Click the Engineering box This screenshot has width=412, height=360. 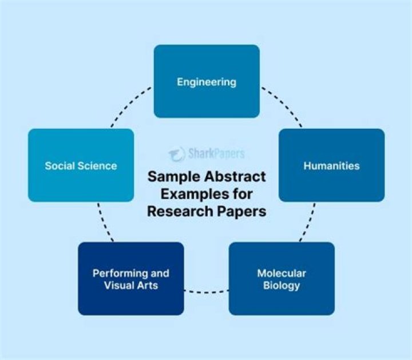pyautogui.click(x=207, y=81)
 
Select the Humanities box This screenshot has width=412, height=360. pyautogui.click(x=331, y=165)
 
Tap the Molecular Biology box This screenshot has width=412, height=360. pyautogui.click(x=281, y=279)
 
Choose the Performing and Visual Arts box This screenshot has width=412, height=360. pyautogui.click(x=130, y=279)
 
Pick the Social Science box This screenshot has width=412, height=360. pyautogui.click(x=81, y=165)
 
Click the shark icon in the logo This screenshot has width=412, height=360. pyautogui.click(x=176, y=153)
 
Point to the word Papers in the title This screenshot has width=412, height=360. pyautogui.click(x=241, y=211)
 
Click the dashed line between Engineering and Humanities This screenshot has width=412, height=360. pyautogui.click(x=283, y=104)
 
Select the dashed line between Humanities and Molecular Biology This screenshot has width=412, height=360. pyautogui.click(x=309, y=222)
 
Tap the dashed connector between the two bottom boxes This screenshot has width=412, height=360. pyautogui.click(x=206, y=291)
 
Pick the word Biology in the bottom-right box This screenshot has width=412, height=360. pyautogui.click(x=281, y=285)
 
